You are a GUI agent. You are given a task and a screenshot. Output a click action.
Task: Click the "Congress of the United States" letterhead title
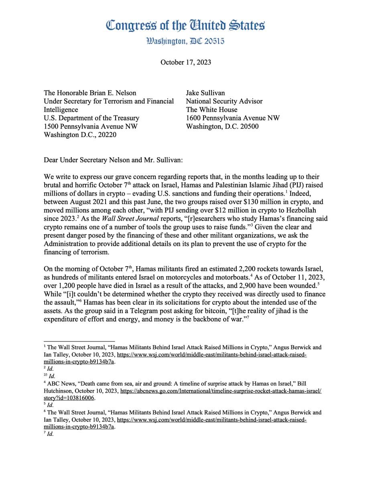click(185, 26)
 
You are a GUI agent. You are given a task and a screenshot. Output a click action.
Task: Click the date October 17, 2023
click(185, 62)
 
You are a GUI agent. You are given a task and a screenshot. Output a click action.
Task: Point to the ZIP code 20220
click(107, 135)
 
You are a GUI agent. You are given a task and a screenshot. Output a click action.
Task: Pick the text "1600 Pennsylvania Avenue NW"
click(233, 118)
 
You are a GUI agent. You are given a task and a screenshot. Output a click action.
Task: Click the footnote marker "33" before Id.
click(46, 376)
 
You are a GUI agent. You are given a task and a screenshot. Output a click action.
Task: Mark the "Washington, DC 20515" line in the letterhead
click(185, 41)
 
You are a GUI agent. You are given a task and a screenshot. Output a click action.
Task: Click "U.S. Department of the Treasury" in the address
click(91, 118)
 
